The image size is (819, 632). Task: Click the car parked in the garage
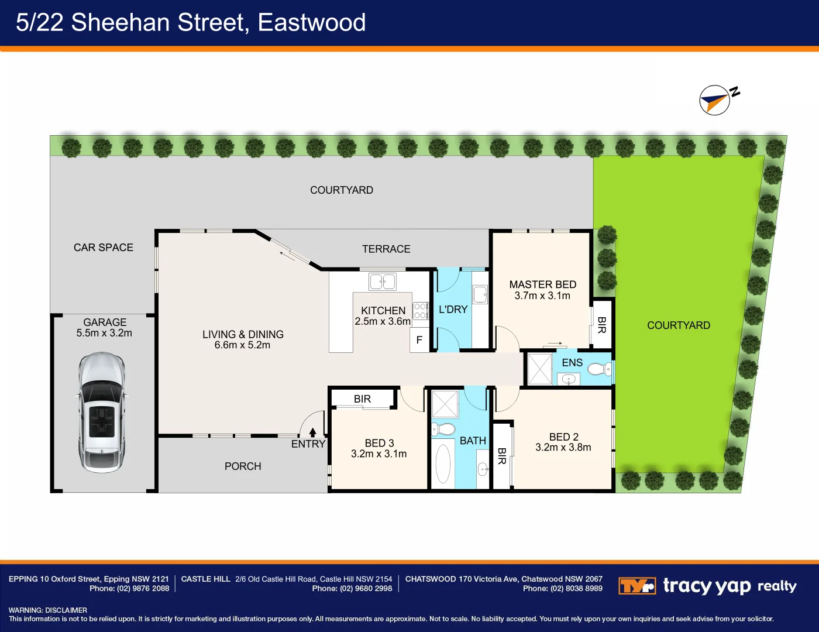tap(101, 412)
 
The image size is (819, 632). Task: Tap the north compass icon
tap(715, 100)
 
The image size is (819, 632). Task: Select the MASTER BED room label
tap(542, 284)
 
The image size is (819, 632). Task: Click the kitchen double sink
tap(383, 281)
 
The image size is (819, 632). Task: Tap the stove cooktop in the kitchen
tap(421, 311)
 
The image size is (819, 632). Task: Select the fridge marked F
tap(419, 340)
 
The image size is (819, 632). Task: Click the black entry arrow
tap(313, 432)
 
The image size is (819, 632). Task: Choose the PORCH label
tap(243, 466)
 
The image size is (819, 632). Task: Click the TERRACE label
tap(386, 249)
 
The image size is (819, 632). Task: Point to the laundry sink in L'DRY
tap(480, 294)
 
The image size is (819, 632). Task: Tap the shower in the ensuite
tap(539, 369)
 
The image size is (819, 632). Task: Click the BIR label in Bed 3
tap(362, 399)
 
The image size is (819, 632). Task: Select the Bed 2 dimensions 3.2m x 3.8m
tap(563, 448)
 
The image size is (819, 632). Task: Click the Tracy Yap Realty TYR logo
tap(636, 586)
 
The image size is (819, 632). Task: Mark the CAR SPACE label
tap(104, 248)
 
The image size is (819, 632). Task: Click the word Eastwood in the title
tap(311, 23)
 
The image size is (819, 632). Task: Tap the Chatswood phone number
tap(576, 589)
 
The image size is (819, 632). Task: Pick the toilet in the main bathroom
tap(444, 429)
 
